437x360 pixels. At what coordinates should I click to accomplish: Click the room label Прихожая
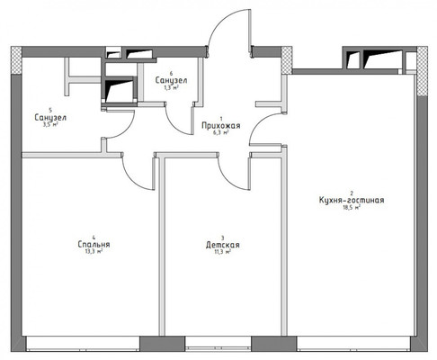pos(218,124)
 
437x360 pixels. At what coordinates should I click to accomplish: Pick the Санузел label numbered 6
pos(171,80)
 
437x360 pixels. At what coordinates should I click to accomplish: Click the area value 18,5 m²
pos(352,208)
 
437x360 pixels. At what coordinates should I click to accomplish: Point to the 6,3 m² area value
pos(218,132)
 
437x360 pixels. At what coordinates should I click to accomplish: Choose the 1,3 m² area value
pos(171,88)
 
